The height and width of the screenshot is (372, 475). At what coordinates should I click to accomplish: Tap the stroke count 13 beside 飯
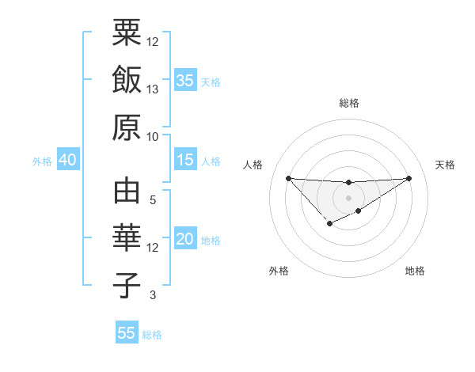(x=153, y=89)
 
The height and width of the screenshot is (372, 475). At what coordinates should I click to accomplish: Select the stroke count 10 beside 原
(x=153, y=135)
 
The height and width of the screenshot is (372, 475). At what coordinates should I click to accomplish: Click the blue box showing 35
(x=185, y=81)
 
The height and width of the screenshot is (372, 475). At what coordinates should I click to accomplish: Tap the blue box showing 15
(x=185, y=160)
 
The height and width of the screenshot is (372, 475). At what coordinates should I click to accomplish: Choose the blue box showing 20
(x=185, y=239)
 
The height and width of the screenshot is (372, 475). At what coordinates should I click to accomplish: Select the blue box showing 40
(x=67, y=160)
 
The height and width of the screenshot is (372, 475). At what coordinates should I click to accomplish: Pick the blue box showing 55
(x=127, y=333)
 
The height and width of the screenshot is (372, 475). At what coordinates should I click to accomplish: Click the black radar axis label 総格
(x=348, y=103)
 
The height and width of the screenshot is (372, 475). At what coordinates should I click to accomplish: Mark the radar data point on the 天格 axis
(x=409, y=177)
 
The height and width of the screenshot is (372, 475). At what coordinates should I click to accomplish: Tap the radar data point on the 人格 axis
(x=288, y=177)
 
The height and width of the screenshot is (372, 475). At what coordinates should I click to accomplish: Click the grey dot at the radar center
(x=348, y=197)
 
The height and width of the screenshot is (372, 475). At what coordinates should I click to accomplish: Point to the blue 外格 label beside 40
(x=42, y=161)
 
